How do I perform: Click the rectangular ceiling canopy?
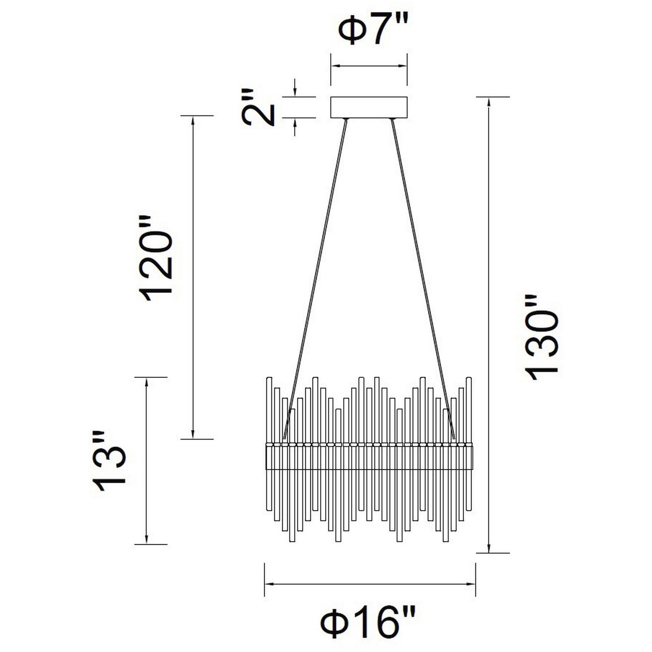click(x=369, y=107)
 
